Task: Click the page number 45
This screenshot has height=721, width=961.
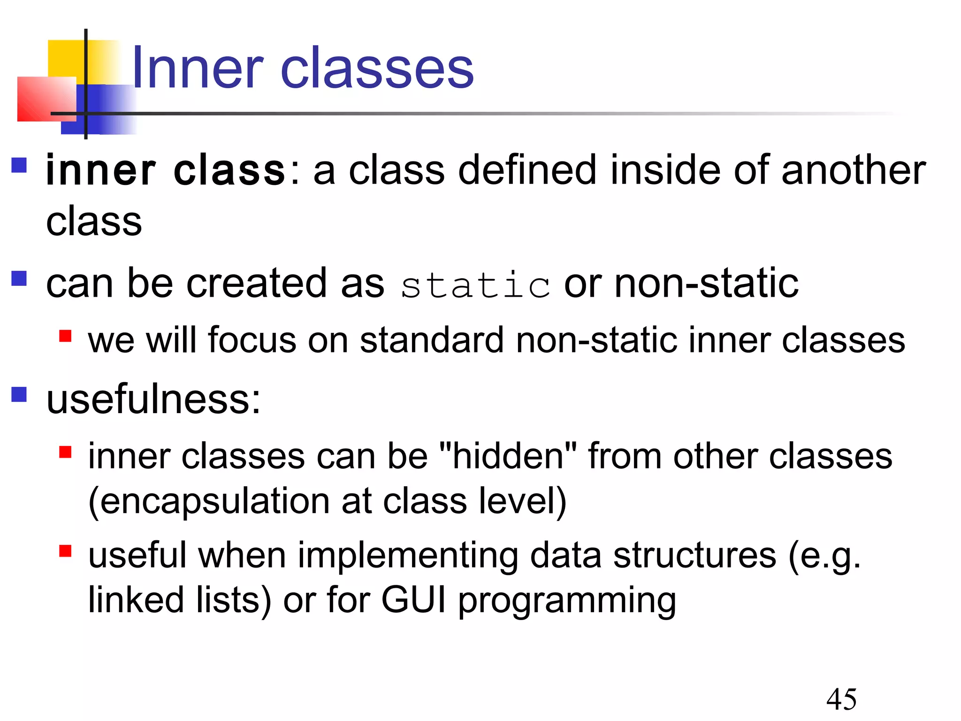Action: (x=841, y=699)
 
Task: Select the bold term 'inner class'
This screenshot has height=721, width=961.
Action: (x=165, y=170)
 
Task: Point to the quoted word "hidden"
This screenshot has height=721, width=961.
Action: (x=508, y=456)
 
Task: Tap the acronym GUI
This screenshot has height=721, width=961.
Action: (x=413, y=599)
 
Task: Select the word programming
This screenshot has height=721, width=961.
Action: (x=567, y=601)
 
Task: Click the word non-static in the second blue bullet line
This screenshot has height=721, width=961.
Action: (x=706, y=283)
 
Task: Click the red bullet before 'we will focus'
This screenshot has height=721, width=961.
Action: (x=65, y=336)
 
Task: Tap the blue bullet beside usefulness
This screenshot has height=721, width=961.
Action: (x=19, y=394)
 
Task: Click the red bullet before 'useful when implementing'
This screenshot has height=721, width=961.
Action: (x=65, y=551)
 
